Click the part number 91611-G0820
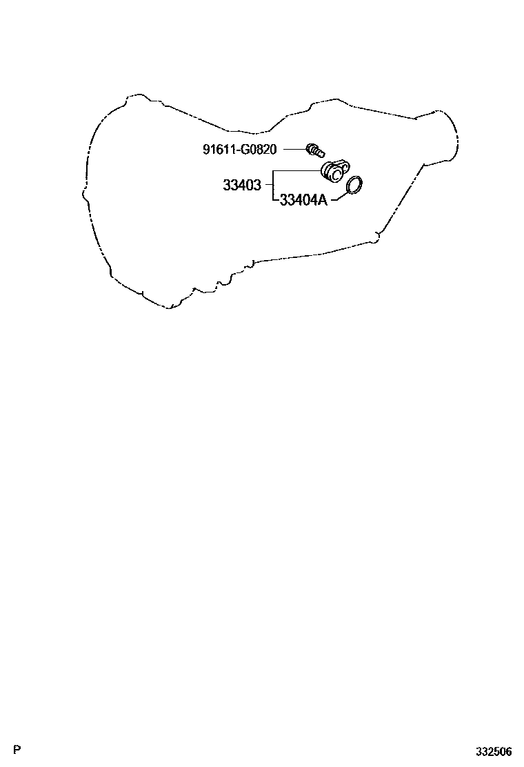tap(239, 148)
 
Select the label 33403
tap(241, 186)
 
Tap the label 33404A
tap(303, 201)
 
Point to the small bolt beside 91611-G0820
tap(316, 148)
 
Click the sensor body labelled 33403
tap(334, 170)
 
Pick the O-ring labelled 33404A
tap(354, 186)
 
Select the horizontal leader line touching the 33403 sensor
tap(296, 170)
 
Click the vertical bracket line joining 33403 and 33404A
tap(274, 186)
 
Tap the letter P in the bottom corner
tap(17, 750)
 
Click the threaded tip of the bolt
tap(322, 151)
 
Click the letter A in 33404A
tap(322, 201)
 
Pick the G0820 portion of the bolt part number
tap(256, 148)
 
